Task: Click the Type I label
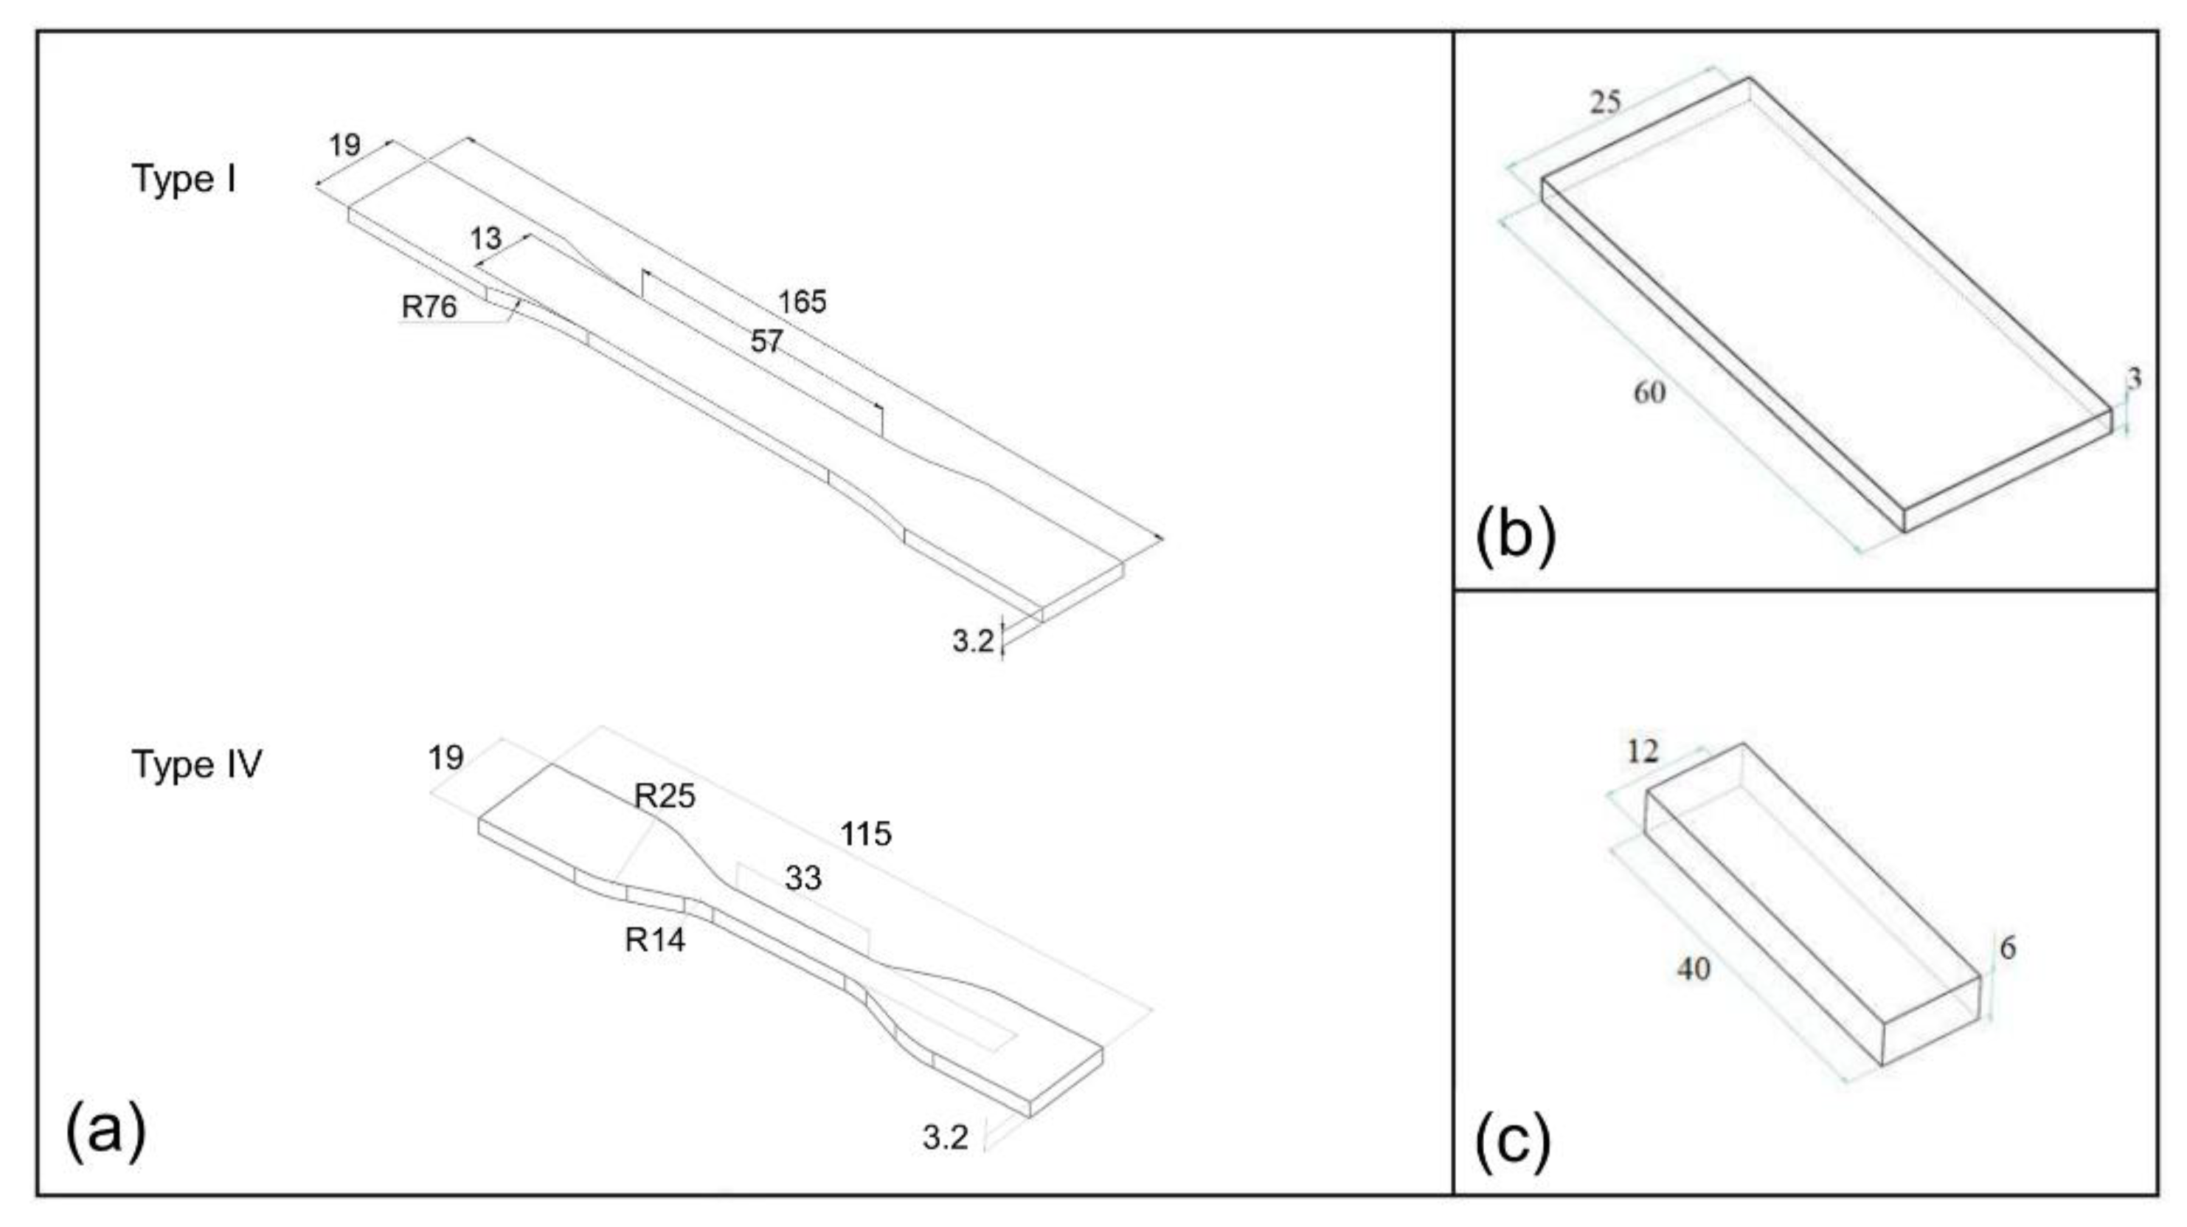tap(184, 179)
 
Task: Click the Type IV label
tap(197, 764)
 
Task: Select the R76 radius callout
tap(429, 306)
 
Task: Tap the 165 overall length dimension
tap(803, 302)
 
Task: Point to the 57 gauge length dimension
tap(766, 342)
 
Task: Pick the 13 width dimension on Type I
tap(485, 238)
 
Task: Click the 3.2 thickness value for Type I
tap(972, 641)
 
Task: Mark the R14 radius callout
tap(654, 940)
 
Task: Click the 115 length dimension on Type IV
tap(865, 834)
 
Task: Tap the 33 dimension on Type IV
tap(803, 878)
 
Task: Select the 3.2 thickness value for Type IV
tap(945, 1138)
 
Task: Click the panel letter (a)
tap(105, 1130)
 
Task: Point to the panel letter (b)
tap(1517, 536)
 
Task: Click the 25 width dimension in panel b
tap(1604, 103)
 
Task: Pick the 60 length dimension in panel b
tap(1649, 393)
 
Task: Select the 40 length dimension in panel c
tap(1694, 969)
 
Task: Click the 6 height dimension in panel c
tap(2008, 947)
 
